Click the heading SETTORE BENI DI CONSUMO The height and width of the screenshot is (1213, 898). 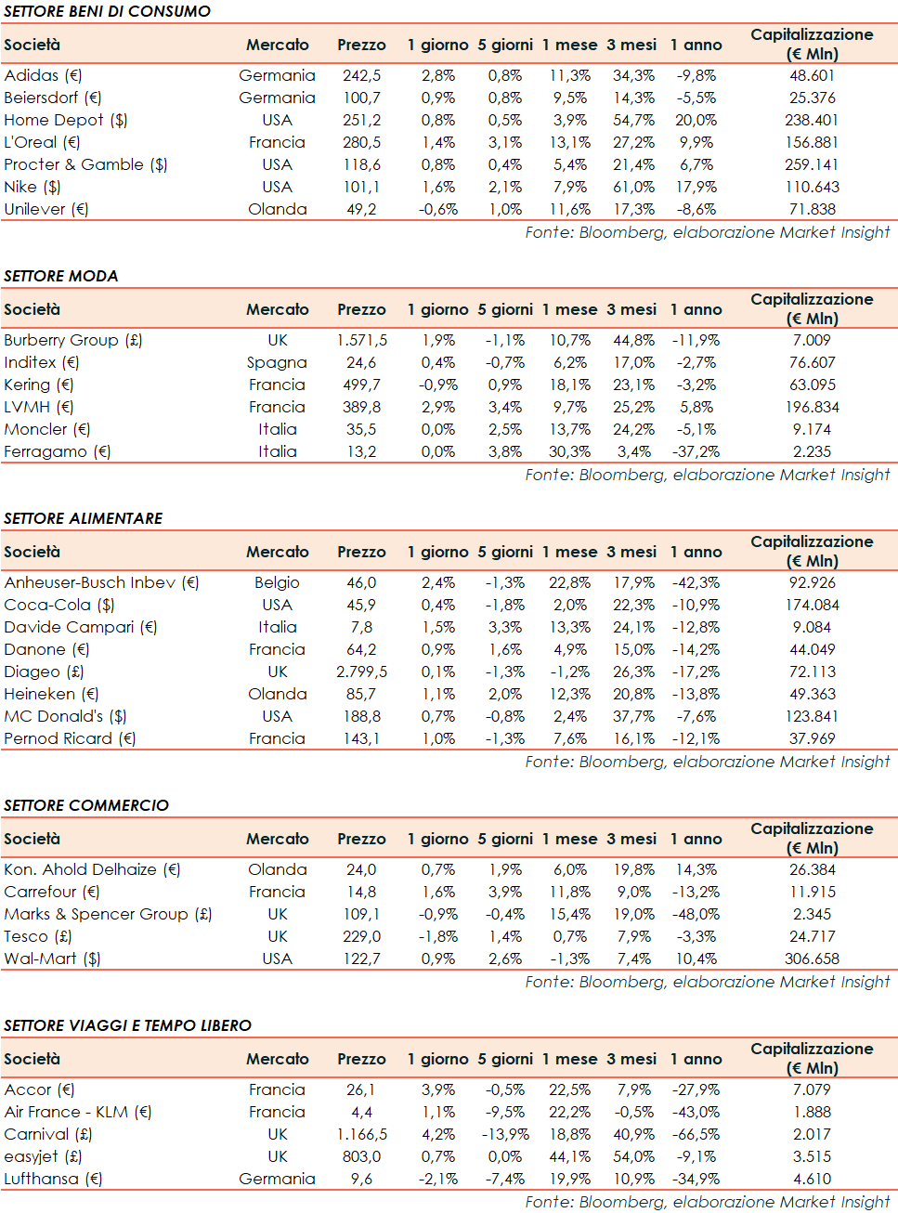pyautogui.click(x=107, y=11)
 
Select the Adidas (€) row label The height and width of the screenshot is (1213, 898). pyautogui.click(x=43, y=75)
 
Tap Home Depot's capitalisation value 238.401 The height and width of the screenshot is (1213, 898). pyautogui.click(x=812, y=120)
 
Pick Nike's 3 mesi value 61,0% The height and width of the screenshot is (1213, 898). pyautogui.click(x=633, y=187)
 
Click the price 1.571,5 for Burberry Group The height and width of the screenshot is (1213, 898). pyautogui.click(x=361, y=340)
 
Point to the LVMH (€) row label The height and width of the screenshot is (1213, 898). pyautogui.click(x=38, y=407)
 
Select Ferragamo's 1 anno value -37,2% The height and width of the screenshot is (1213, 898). pyautogui.click(x=696, y=451)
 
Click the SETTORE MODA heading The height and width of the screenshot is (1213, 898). pyautogui.click(x=61, y=276)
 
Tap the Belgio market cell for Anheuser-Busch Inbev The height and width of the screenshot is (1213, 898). pyautogui.click(x=277, y=582)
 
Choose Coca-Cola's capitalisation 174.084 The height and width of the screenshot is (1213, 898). pyautogui.click(x=812, y=605)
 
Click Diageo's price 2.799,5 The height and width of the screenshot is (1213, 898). pyautogui.click(x=361, y=672)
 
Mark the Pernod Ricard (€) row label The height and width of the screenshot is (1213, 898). pyautogui.click(x=70, y=738)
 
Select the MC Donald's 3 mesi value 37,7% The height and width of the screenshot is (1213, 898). pyautogui.click(x=633, y=716)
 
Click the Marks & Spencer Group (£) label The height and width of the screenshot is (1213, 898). pyautogui.click(x=108, y=914)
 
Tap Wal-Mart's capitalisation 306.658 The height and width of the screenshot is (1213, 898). pyautogui.click(x=812, y=959)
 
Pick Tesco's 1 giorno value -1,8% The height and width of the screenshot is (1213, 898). pyautogui.click(x=437, y=936)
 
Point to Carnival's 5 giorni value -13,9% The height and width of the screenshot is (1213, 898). pyautogui.click(x=504, y=1134)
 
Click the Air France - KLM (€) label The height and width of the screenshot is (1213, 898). pyautogui.click(x=77, y=1112)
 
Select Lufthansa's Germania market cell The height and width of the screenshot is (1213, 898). pyautogui.click(x=277, y=1179)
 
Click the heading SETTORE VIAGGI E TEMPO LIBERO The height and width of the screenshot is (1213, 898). pyautogui.click(x=127, y=1025)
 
